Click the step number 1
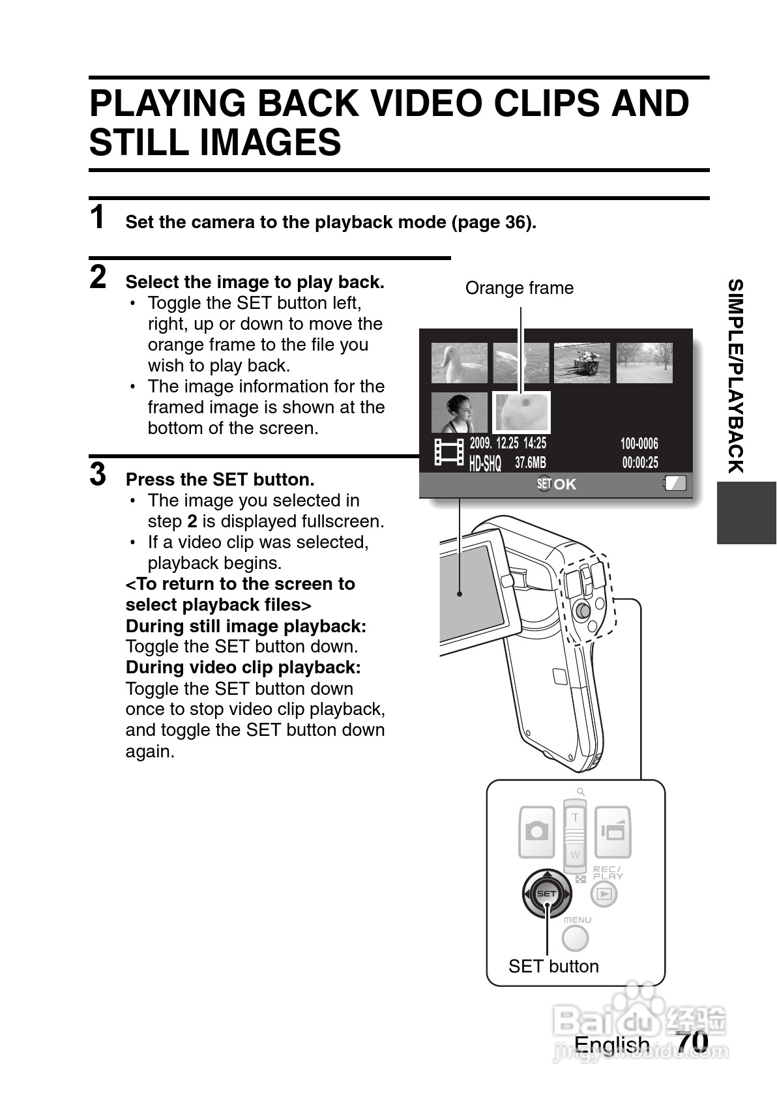(x=98, y=218)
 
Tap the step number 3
(x=98, y=474)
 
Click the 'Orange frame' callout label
(x=519, y=288)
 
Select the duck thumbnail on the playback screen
(x=459, y=363)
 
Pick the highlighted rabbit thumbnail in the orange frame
(x=521, y=413)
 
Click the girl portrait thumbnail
(x=459, y=413)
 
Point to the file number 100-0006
(x=639, y=444)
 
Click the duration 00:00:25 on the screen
(x=640, y=463)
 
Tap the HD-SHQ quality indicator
(x=485, y=463)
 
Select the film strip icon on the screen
(x=449, y=452)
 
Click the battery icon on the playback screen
(x=675, y=483)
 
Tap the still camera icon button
(x=536, y=831)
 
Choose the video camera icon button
(x=613, y=831)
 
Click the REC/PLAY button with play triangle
(x=604, y=894)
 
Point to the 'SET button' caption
(x=553, y=966)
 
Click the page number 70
(x=692, y=1042)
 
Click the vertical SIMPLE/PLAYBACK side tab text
(x=735, y=376)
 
